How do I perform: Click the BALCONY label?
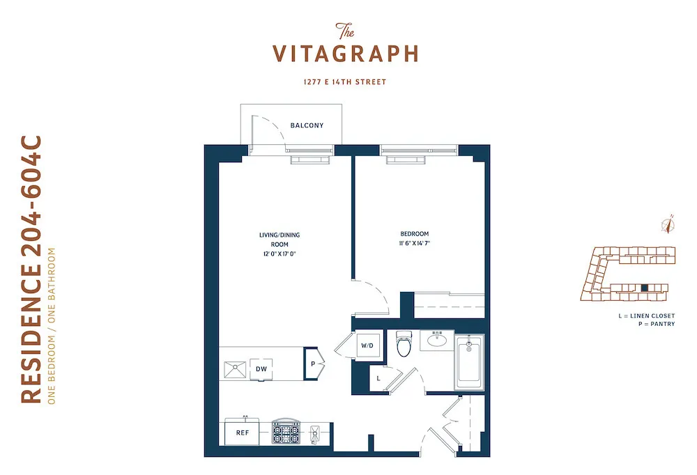click(307, 126)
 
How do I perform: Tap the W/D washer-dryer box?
click(367, 345)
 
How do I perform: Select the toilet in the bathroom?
click(404, 344)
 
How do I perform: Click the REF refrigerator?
click(243, 433)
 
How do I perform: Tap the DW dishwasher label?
click(261, 368)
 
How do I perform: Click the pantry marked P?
click(313, 364)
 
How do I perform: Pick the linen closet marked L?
click(378, 378)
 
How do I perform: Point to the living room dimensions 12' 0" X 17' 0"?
click(279, 254)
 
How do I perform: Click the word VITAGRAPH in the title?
click(345, 54)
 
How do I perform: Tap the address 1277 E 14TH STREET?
click(346, 82)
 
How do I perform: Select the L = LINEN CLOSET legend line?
click(646, 316)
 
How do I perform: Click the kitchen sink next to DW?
click(235, 369)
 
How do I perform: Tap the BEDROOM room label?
click(415, 234)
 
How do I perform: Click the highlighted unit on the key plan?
click(645, 287)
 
